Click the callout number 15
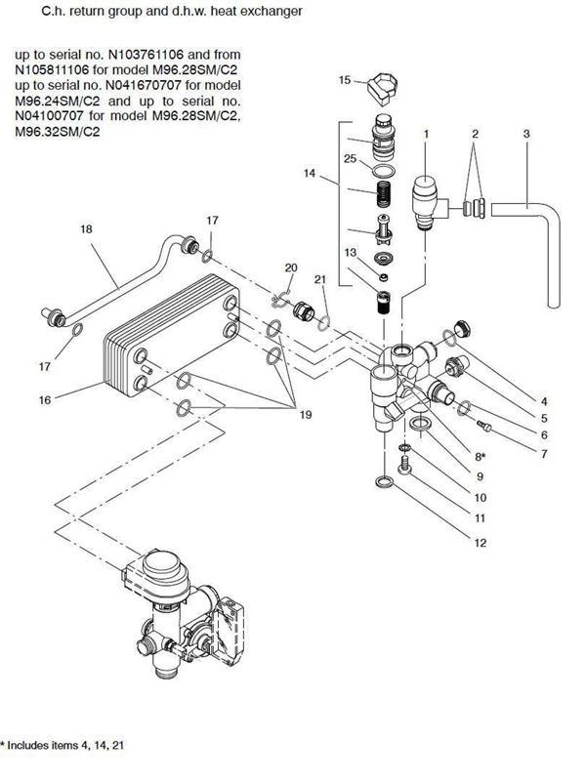tap(345, 80)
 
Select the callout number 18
tap(86, 229)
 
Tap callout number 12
tap(480, 543)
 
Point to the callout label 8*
tap(480, 456)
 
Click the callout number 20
tap(291, 267)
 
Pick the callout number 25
tap(351, 158)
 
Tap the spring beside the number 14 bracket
tap(383, 193)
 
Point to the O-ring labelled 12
tap(384, 481)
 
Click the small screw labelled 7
tap(483, 427)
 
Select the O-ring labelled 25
tap(384, 170)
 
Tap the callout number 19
tap(306, 414)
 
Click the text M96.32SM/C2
tap(58, 132)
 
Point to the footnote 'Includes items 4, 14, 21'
tap(65, 745)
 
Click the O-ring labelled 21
tap(323, 323)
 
